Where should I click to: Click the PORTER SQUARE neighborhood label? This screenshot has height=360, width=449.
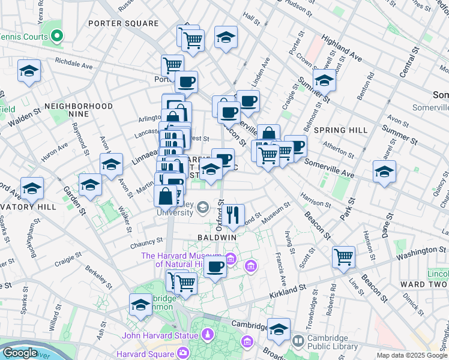[x=123, y=23]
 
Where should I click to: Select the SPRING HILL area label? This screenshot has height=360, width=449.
[x=340, y=130]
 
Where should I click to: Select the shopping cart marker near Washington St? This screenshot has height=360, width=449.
[x=344, y=257]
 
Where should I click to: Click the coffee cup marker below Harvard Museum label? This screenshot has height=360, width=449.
[x=215, y=266]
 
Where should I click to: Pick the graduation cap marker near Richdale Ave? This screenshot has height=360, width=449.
[x=29, y=71]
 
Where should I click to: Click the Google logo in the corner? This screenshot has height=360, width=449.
[x=20, y=353]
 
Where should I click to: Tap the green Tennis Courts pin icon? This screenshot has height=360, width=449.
[x=57, y=36]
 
